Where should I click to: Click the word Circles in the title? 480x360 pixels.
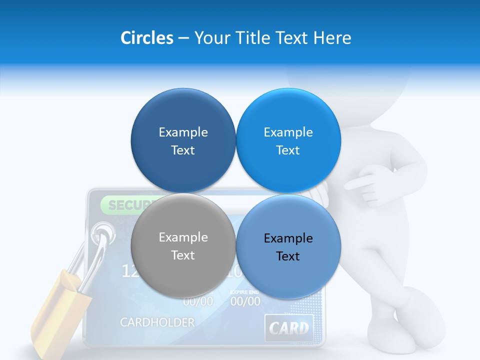(x=147, y=38)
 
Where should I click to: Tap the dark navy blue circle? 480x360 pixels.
(x=183, y=140)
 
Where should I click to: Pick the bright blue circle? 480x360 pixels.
(x=288, y=140)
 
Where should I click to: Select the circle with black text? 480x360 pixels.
(x=288, y=247)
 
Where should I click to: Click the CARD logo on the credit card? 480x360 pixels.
(x=288, y=328)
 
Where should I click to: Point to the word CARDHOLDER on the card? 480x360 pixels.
(x=157, y=322)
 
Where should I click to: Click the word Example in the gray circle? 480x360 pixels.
(x=183, y=237)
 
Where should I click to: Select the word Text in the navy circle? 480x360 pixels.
(x=183, y=150)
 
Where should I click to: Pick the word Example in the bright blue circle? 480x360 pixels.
(x=288, y=132)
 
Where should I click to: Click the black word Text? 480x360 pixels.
(x=288, y=256)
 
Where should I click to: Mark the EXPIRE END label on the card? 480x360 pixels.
(x=244, y=291)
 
